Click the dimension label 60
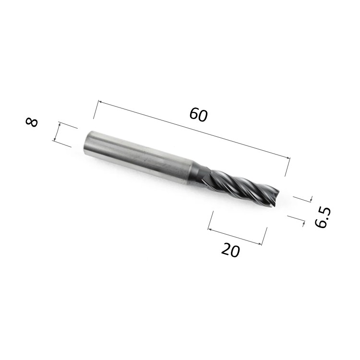coord(198,115)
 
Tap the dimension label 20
coord(230,250)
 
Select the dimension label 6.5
coord(323,217)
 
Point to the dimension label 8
coord(32,122)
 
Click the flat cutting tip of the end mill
coord(276,197)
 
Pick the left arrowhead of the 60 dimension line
coord(100,102)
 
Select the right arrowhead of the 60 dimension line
coord(288,157)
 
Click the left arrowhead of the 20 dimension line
coord(209,229)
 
